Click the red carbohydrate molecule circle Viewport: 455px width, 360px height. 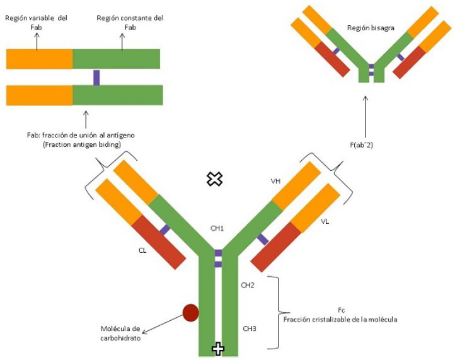[190, 311]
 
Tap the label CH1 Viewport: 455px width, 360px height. [217, 228]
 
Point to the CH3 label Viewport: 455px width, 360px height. [248, 328]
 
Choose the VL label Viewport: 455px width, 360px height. [325, 221]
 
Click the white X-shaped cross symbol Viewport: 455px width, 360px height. [216, 180]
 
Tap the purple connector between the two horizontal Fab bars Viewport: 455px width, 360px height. [96, 77]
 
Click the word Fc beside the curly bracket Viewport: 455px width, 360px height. [341, 310]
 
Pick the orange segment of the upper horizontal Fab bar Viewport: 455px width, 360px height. [39, 59]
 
